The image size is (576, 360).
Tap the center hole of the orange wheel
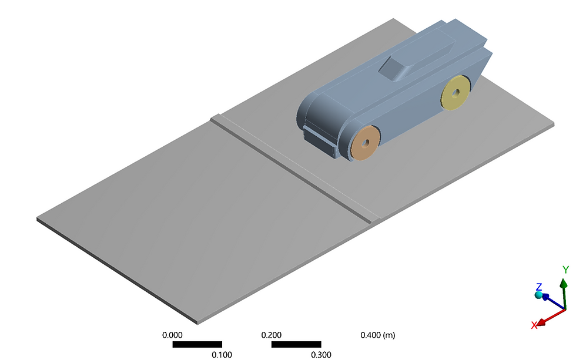click(366, 143)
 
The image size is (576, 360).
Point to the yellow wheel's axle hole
click(456, 92)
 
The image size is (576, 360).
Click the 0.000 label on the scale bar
click(173, 335)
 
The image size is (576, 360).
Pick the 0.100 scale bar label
click(222, 354)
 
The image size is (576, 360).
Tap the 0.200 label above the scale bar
click(272, 335)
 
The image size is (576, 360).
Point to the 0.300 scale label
click(321, 354)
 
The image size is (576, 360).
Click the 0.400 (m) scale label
click(377, 335)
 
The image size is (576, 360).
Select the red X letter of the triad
click(534, 325)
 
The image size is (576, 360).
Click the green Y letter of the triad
click(565, 270)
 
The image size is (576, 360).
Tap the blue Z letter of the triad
click(538, 287)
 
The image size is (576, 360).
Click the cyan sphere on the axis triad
click(538, 295)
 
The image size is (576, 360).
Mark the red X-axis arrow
click(551, 317)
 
